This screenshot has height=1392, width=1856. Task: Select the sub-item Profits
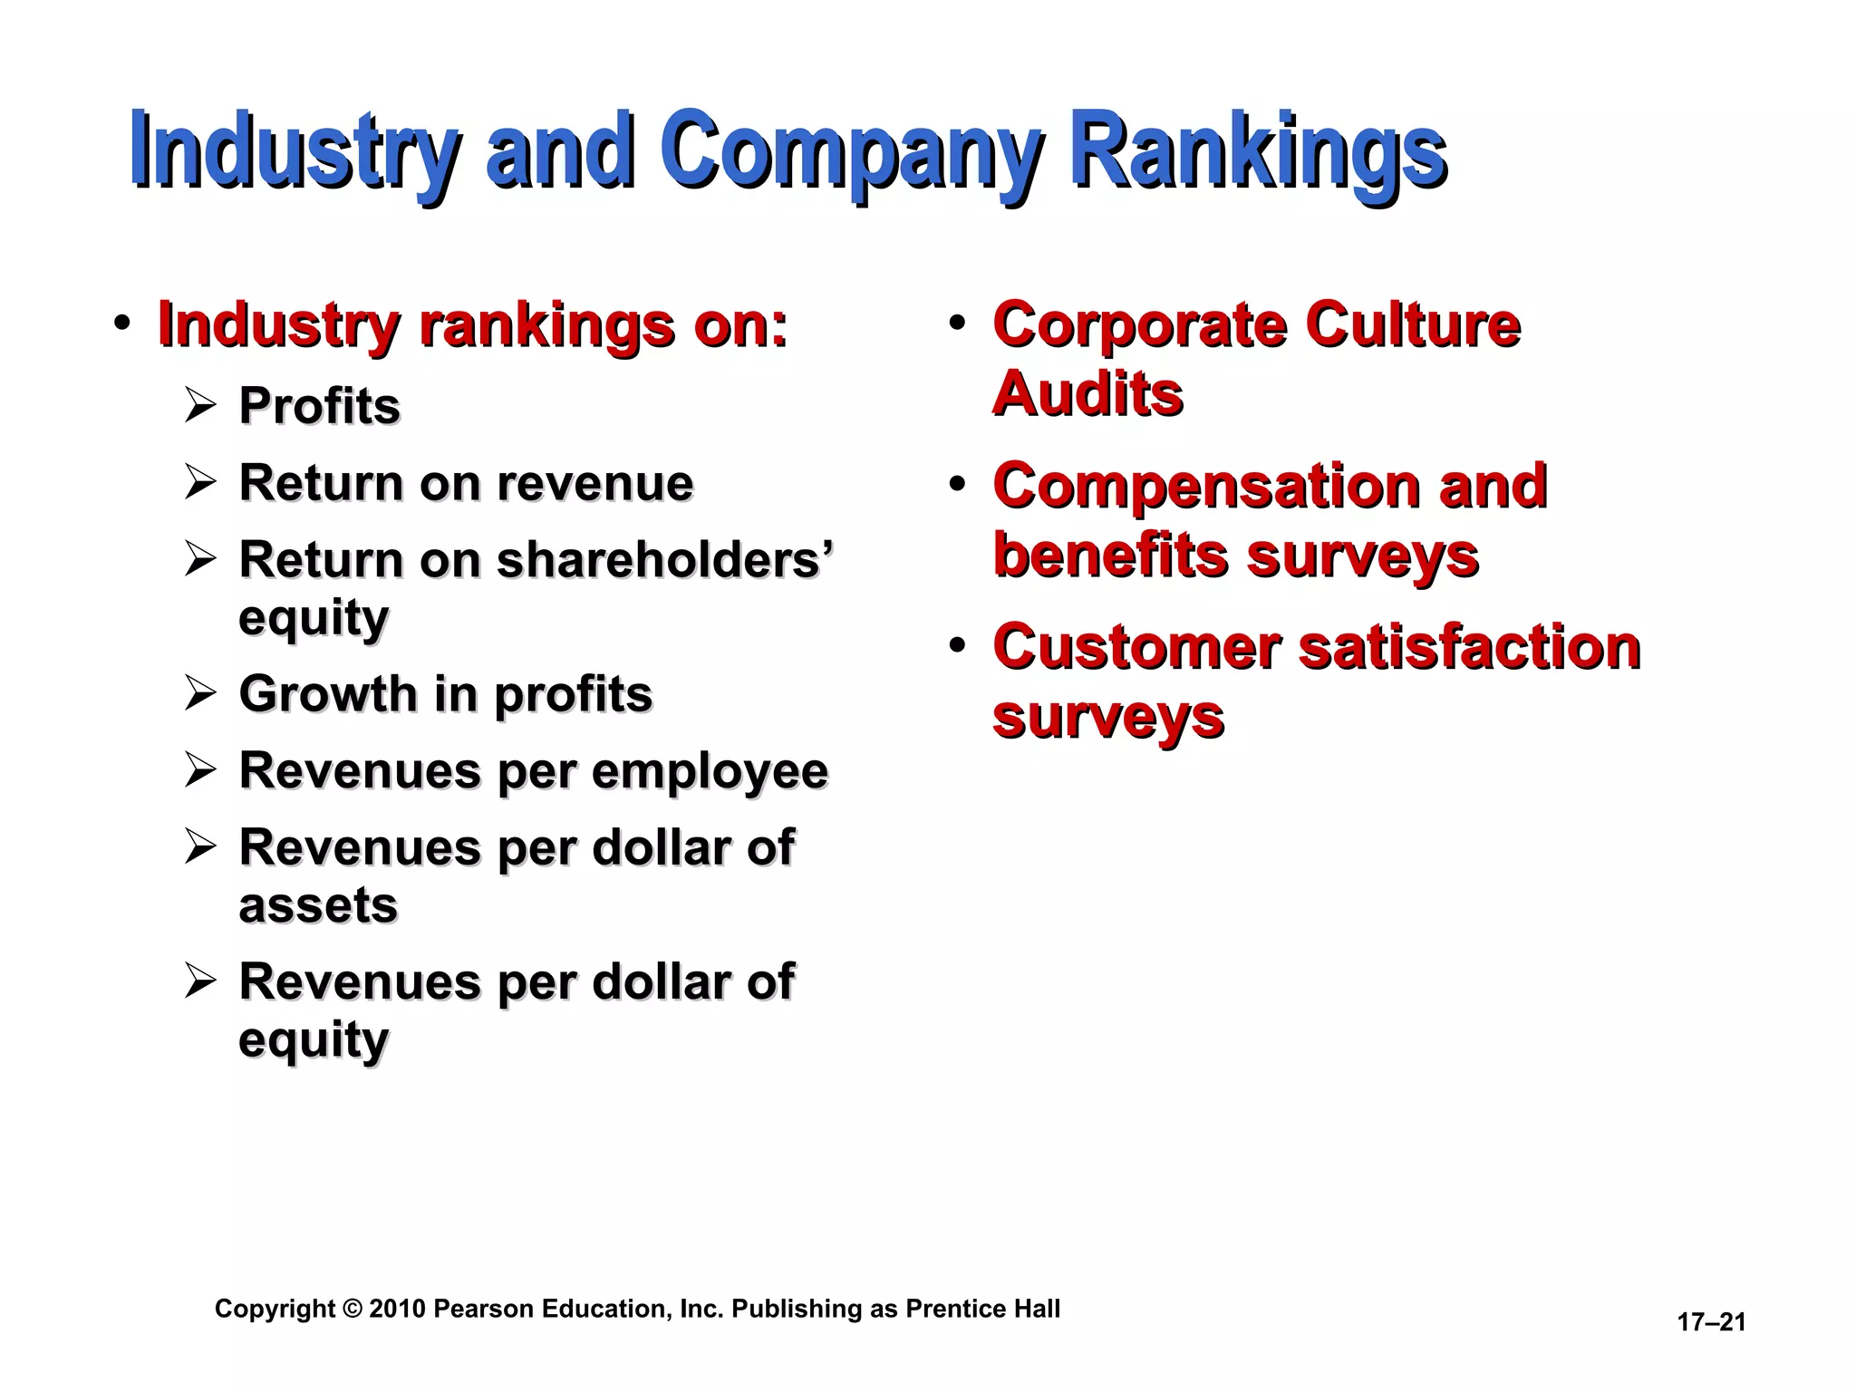tap(319, 405)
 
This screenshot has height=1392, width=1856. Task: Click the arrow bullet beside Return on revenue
tap(199, 481)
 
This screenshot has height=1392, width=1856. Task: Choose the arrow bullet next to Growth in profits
tap(199, 693)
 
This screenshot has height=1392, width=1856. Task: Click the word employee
tap(710, 771)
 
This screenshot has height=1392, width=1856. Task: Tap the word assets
tap(318, 905)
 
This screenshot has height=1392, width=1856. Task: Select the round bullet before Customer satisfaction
tap(957, 646)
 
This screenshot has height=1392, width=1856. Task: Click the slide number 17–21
tap(1711, 1322)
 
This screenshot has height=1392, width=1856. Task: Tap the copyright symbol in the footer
tap(352, 1309)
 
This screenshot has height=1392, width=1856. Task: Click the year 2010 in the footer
tap(397, 1309)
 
